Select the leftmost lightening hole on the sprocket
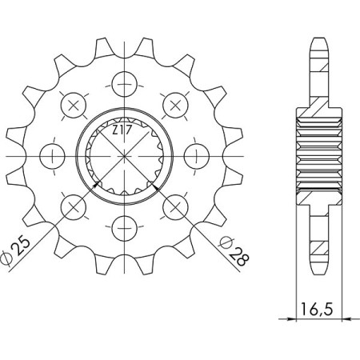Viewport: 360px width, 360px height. tap(52, 154)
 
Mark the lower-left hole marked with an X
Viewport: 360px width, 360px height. tap(73, 205)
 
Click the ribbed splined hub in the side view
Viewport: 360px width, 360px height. tap(317, 154)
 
